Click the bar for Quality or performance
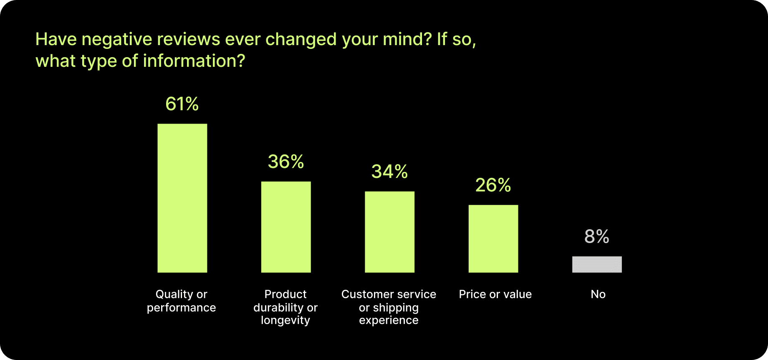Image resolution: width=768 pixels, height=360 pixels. pos(182,198)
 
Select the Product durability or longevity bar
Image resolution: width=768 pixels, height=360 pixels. pos(286,227)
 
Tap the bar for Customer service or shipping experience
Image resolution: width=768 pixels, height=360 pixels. pos(389,232)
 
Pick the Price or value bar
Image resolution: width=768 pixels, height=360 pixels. pos(493,238)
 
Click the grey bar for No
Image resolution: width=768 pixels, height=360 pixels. pos(597,264)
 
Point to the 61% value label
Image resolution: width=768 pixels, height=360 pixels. pos(182,104)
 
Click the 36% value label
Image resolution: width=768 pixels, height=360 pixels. pos(286,162)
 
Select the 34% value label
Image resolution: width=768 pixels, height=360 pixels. pos(389,172)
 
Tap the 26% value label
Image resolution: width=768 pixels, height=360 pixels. pos(493,185)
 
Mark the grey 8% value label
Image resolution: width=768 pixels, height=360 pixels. pos(597,236)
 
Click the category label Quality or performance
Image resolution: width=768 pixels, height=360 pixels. pos(182,301)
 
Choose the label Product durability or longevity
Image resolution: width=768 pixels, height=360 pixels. pos(285,307)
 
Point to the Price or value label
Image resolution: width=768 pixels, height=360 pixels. pos(495,294)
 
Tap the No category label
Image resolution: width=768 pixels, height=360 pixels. pos(598,294)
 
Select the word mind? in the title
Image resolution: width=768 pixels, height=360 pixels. pos(407,40)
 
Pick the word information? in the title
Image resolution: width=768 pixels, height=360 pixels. pos(194,61)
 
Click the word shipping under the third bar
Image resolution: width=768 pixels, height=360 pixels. pos(395,308)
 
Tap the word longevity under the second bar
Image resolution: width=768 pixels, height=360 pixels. pos(285,320)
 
